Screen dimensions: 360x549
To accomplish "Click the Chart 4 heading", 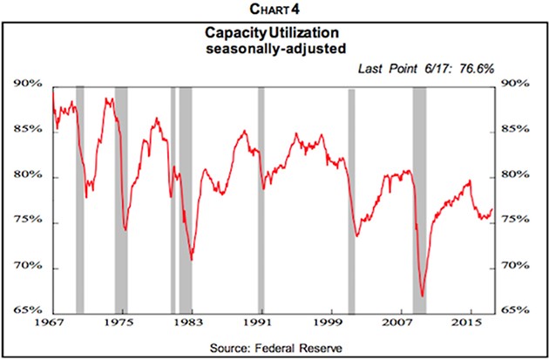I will coord(274,10).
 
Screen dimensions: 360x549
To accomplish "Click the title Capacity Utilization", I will coord(274,32).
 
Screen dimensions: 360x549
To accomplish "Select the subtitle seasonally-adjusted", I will coord(274,48).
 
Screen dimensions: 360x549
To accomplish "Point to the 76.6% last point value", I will coord(475,68).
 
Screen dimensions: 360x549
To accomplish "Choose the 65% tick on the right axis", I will coord(516,309).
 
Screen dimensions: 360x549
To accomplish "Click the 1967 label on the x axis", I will coord(51,323).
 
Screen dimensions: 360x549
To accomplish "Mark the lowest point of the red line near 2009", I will coord(422,296).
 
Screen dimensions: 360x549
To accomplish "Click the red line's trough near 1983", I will coord(192,259).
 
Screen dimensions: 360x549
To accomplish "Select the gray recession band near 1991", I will coord(261,199).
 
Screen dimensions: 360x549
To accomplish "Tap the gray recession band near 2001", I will coord(351,199).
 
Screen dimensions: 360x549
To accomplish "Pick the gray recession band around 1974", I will coord(121,199).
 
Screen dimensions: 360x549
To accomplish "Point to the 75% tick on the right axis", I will coord(516,221).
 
